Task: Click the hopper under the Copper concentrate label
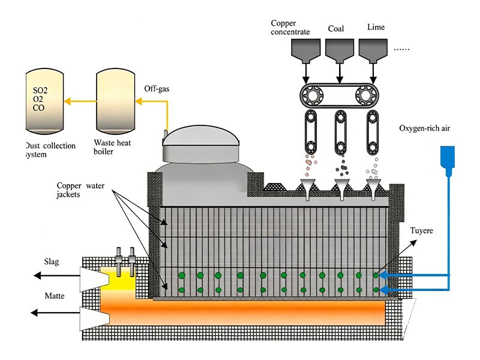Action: point(305,51)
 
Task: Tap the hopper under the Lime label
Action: point(373,51)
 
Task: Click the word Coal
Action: point(337,28)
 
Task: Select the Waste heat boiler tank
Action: point(116,102)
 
